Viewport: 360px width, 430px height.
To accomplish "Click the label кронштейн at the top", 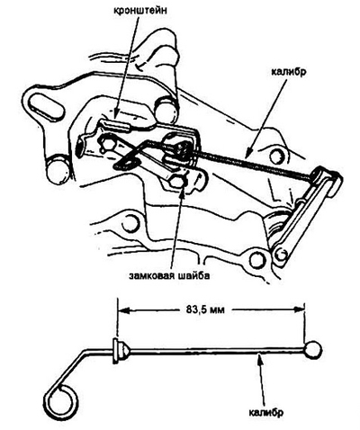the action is (140, 10).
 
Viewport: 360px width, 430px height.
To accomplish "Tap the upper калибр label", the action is (289, 72).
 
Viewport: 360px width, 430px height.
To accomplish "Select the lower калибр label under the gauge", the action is (265, 412).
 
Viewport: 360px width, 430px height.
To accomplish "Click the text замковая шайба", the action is (169, 275).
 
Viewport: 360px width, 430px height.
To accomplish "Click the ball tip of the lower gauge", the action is (313, 350).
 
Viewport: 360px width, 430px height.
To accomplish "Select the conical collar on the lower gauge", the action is (121, 351).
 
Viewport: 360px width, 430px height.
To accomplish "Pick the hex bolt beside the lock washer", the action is (178, 182).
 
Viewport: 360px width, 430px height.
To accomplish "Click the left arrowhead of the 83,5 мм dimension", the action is (123, 309).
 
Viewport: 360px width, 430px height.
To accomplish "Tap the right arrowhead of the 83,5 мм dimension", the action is (299, 309).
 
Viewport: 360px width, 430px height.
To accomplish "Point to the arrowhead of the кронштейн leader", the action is (116, 115).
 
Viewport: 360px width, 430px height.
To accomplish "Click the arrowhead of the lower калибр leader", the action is (260, 358).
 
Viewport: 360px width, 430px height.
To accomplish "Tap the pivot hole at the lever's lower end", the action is (281, 255).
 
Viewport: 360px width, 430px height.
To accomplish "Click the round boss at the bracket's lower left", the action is (58, 172).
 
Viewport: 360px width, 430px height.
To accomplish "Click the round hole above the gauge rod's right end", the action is (274, 157).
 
